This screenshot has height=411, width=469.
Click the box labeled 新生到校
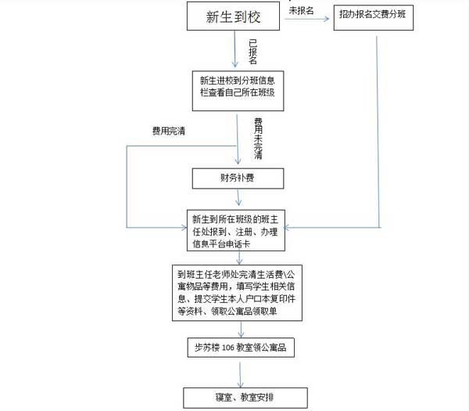[x=233, y=16]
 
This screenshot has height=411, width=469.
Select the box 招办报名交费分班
[x=374, y=17]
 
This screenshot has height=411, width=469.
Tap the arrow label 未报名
[x=301, y=11]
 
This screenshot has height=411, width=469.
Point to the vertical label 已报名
[x=253, y=52]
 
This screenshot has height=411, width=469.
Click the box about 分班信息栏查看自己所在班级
[x=238, y=91]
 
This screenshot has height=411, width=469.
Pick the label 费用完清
[x=169, y=131]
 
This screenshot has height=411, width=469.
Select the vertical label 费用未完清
[x=258, y=139]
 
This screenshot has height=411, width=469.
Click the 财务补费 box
[x=238, y=178]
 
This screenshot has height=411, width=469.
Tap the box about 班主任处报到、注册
[x=236, y=230]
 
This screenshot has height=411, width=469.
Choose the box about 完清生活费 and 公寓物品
[x=237, y=293]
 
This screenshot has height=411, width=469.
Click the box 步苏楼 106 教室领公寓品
[x=241, y=348]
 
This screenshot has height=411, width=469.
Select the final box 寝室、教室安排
[x=245, y=398]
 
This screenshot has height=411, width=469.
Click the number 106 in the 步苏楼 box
[x=228, y=348]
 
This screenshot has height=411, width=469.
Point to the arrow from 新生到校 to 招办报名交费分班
[x=306, y=19]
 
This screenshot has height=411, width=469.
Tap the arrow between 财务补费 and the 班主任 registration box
[x=238, y=197]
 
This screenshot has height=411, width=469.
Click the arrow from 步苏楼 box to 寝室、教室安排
[x=240, y=374]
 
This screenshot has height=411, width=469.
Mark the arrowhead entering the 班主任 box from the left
[x=184, y=227]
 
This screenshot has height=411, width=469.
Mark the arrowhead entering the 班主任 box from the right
[x=287, y=228]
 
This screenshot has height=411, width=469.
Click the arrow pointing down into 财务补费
[x=238, y=139]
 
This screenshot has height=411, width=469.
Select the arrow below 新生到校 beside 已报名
[x=234, y=49]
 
